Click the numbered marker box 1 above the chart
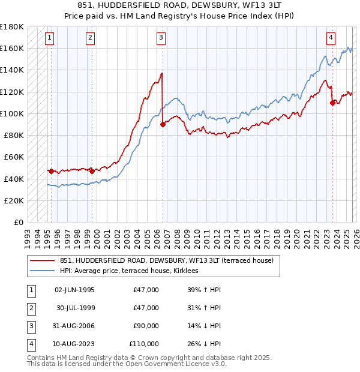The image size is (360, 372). (x=49, y=38)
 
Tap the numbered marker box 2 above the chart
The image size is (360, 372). (x=90, y=38)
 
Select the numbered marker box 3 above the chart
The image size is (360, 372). (x=161, y=38)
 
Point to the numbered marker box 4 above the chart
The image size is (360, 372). (x=331, y=38)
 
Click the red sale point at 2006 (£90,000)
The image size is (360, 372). (x=163, y=124)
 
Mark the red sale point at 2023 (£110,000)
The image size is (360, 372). (x=332, y=103)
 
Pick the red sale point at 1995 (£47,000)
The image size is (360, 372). (x=51, y=171)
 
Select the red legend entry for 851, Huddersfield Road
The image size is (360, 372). (x=167, y=260)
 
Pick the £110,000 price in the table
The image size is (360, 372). (x=144, y=344)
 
